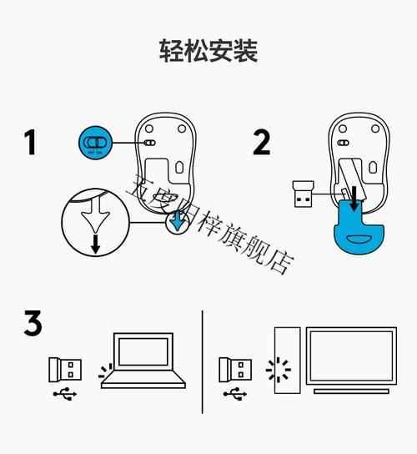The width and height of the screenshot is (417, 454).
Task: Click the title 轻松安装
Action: coord(208,51)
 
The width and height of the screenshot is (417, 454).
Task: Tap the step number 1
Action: coord(31,143)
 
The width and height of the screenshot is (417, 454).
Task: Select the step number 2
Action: coord(261,143)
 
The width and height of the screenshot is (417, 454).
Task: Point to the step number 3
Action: coord(33,324)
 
